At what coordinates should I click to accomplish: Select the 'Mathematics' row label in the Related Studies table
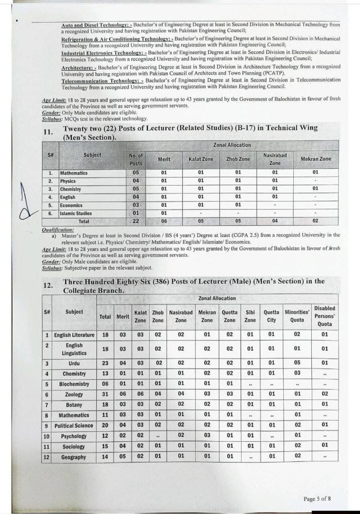pos(74,173)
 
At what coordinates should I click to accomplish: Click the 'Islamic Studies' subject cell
pos(77,213)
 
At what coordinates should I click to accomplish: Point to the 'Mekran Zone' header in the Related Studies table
pos(316,159)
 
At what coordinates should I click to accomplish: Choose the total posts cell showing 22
pos(136,221)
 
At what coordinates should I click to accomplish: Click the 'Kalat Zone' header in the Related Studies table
pos(201,159)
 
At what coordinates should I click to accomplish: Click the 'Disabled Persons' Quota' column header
pos(324,316)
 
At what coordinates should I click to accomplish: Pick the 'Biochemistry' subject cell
pos(74,384)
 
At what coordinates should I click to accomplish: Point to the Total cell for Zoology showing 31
pos(105,395)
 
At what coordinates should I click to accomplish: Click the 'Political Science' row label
pos(74,426)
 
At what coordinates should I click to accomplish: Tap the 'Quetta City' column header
pos(272,316)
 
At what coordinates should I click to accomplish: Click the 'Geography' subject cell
pos(74,457)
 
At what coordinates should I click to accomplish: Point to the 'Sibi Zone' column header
pos(251,316)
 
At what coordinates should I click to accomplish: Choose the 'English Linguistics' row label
pos(74,349)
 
